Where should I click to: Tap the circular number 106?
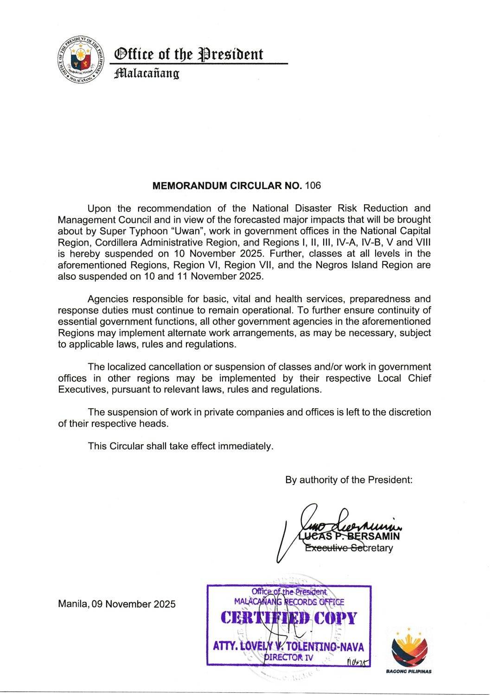click(313, 186)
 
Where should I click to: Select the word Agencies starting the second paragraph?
click(108, 299)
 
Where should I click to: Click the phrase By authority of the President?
click(349, 480)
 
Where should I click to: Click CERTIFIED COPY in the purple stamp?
click(288, 618)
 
